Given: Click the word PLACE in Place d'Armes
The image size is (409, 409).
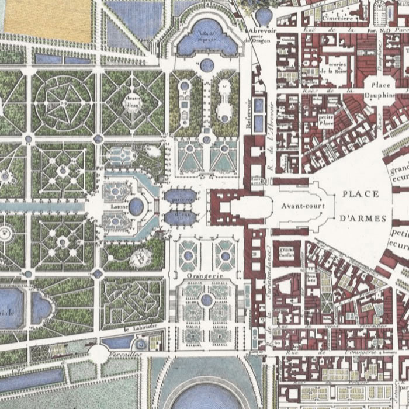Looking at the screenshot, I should [x=361, y=195].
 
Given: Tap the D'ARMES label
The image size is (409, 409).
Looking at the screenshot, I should [x=363, y=219].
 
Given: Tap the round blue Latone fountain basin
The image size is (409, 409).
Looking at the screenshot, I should [x=136, y=206].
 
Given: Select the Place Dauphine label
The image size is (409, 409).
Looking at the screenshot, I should [x=380, y=89].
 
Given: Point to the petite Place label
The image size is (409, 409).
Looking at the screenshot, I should [x=326, y=120].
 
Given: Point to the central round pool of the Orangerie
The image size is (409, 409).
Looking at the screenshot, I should [x=206, y=300].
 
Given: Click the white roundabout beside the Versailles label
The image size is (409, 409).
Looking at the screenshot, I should [x=99, y=353].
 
